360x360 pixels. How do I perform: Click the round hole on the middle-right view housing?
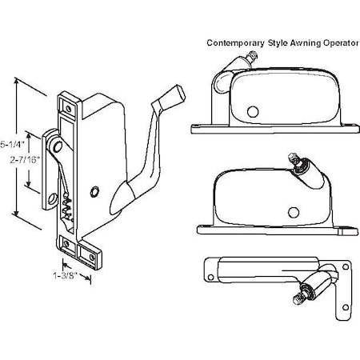point(293,212)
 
